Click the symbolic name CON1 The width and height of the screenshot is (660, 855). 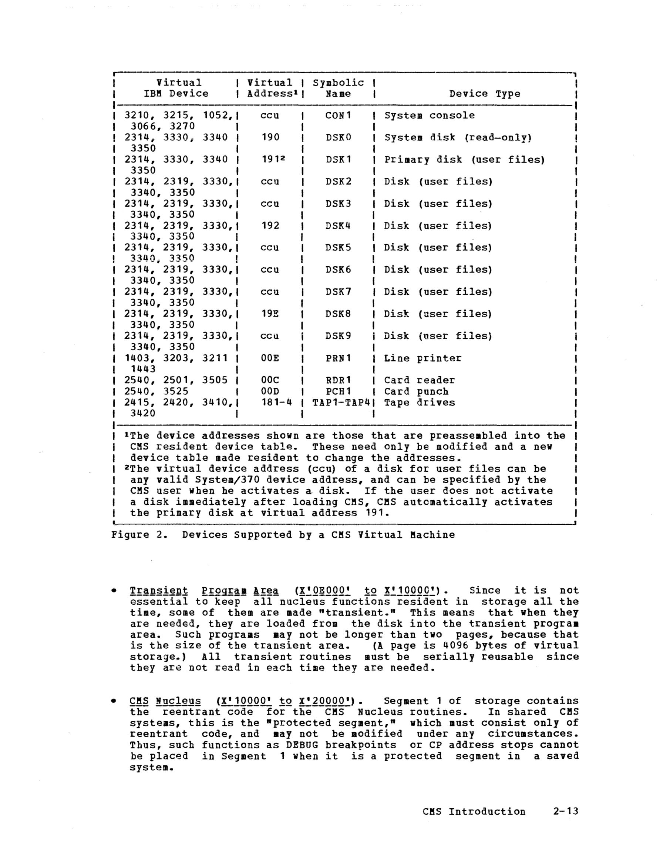339,116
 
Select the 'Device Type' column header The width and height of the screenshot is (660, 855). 484,94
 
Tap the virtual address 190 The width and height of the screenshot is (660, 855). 270,137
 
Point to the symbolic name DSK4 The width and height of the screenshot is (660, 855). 339,226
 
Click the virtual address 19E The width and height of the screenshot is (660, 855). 270,314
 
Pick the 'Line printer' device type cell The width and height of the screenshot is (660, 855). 422,358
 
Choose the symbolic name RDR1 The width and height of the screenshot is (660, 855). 339,380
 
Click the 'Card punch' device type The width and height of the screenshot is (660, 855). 416,391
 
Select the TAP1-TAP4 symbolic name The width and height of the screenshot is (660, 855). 341,403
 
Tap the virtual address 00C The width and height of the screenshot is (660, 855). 270,380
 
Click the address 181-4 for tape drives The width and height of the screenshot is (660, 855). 276,403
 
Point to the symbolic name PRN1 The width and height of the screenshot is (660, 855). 339,358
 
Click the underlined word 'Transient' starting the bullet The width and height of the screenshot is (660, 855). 159,591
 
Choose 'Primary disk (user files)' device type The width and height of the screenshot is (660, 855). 464,160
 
